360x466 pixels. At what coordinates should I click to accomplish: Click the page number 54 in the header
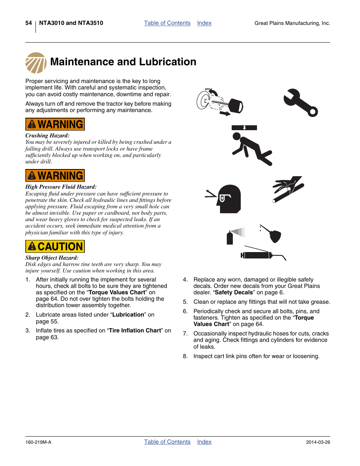[x=29, y=23]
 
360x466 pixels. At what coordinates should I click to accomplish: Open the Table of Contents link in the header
[x=167, y=23]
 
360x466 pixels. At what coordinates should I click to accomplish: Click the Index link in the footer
[x=204, y=442]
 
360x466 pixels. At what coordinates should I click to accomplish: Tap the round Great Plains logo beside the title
[x=36, y=63]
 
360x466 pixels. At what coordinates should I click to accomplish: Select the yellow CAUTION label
[x=55, y=246]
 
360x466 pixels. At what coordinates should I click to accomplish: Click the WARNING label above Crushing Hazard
[x=55, y=124]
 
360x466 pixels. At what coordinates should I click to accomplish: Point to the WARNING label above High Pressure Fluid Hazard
[x=55, y=175]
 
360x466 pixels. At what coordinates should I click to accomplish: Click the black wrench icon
[x=300, y=103]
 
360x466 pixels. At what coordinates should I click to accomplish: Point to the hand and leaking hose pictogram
[x=288, y=189]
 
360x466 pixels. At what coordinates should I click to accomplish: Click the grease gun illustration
[x=262, y=254]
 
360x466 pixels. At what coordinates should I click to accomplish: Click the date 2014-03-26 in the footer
[x=318, y=442]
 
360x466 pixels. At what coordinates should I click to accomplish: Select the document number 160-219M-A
[x=38, y=442]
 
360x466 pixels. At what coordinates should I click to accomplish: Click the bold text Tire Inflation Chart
[x=135, y=331]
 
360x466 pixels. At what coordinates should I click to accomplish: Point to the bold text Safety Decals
[x=234, y=292]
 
